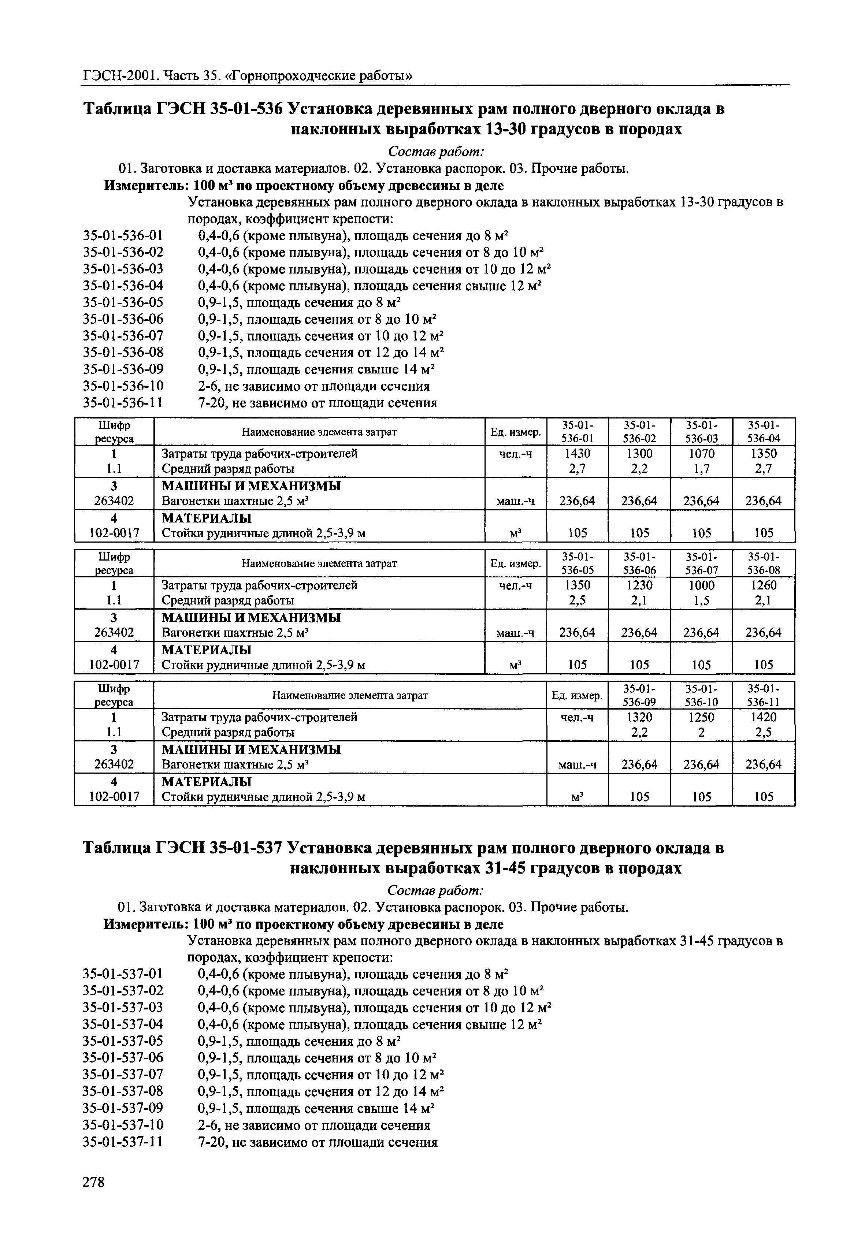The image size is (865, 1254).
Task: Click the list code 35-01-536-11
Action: (x=123, y=403)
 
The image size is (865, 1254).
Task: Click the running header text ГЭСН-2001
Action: (x=119, y=76)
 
